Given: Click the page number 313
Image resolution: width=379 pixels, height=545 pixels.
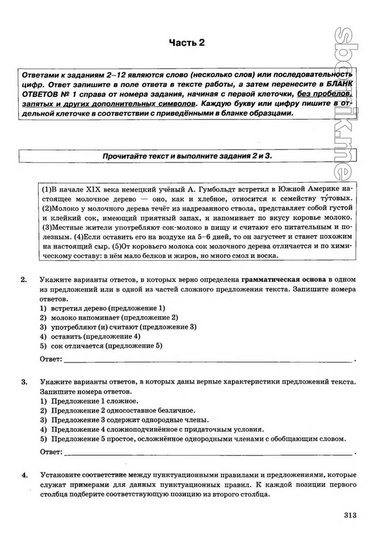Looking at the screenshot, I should tap(350, 515).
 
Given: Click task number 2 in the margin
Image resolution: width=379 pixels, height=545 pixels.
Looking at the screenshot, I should tap(23, 279).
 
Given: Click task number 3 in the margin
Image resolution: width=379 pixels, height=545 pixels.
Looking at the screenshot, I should tap(23, 382).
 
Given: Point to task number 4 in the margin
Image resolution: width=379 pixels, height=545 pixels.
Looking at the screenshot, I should tap(23, 474).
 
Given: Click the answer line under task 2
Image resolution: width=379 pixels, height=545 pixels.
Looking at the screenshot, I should tap(208, 361).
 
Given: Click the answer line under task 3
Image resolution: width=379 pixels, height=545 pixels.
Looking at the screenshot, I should tap(208, 454).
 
